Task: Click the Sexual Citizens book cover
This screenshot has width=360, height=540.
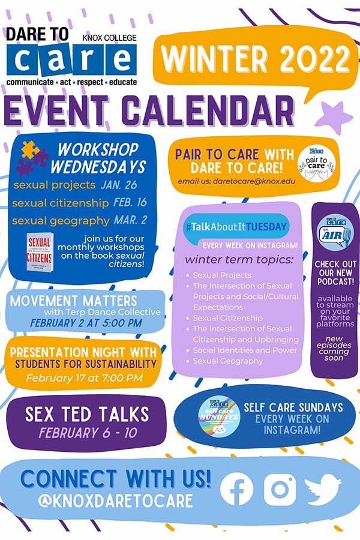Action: click(x=41, y=253)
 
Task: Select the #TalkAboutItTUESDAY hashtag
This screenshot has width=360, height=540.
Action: click(x=236, y=227)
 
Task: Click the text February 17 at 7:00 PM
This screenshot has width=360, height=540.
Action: click(x=85, y=378)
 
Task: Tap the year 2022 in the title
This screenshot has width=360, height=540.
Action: click(x=310, y=59)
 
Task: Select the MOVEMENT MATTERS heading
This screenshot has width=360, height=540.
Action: click(x=73, y=300)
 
